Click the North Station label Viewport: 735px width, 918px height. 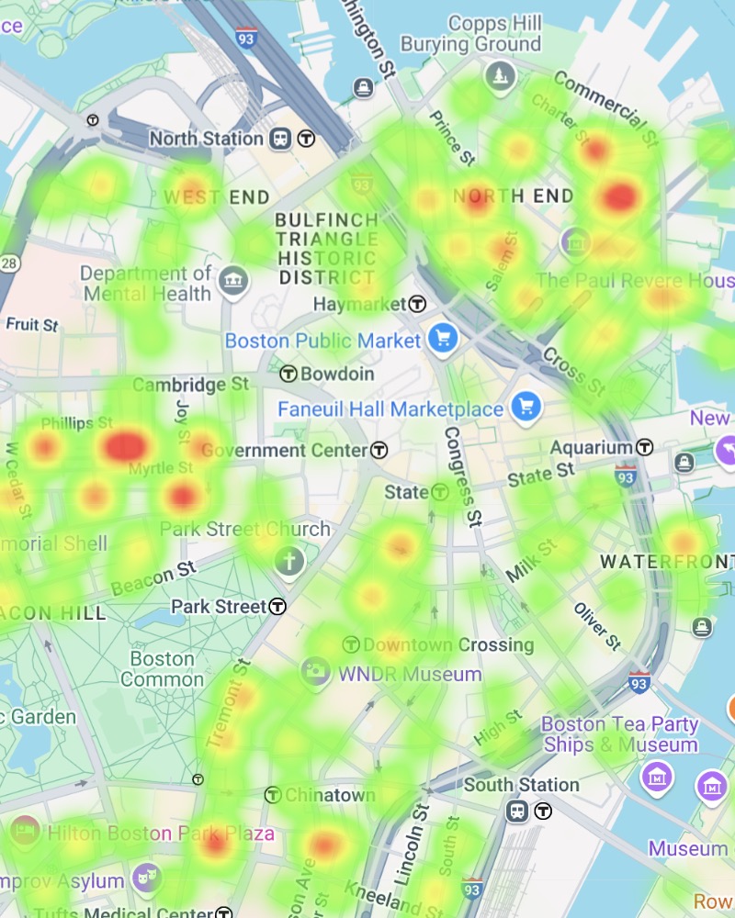coord(206,139)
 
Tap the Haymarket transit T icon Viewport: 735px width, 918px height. coord(418,303)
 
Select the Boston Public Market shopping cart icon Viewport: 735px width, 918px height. coord(443,340)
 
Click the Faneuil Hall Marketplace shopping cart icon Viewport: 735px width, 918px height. coord(526,408)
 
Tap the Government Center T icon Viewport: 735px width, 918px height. coord(379,450)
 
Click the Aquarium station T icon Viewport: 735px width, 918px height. coord(646,447)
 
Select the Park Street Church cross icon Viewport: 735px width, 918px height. coord(289,561)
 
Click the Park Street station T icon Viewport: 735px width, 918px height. coord(277,607)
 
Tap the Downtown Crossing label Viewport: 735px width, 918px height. coord(448,644)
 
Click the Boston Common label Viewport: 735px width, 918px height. coord(162,669)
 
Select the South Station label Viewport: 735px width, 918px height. coord(521,785)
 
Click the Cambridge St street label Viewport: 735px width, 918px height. coord(190,385)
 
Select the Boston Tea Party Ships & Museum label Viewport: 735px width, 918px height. coord(620,734)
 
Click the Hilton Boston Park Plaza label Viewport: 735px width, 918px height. coord(161,834)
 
